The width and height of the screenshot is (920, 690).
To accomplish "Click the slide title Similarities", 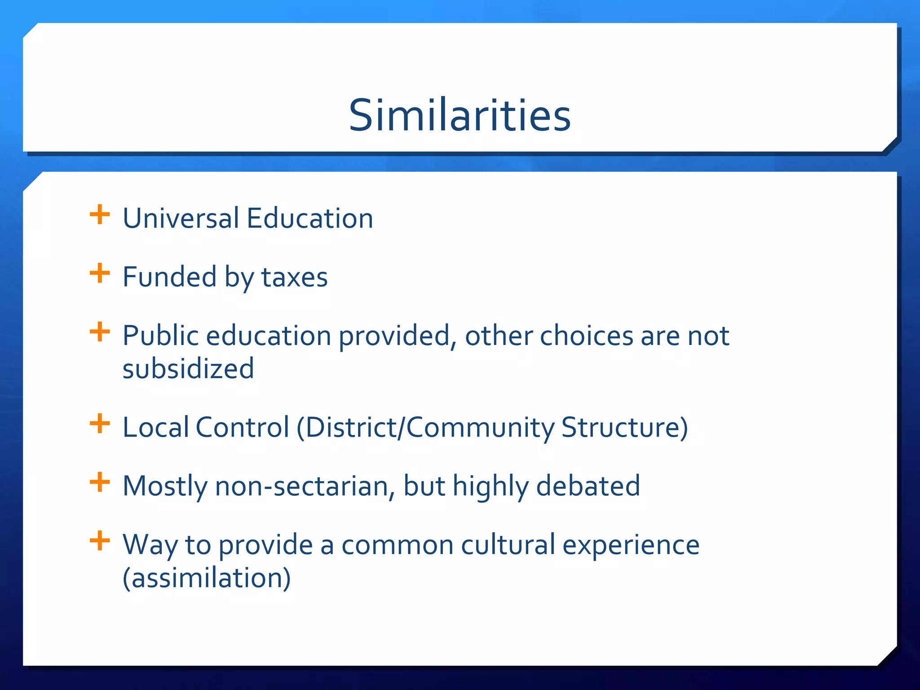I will [460, 115].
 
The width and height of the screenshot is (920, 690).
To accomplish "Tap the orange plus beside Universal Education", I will [100, 215].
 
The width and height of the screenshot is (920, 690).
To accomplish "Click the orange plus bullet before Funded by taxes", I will [100, 274].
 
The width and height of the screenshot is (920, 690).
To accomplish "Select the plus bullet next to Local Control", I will [100, 424].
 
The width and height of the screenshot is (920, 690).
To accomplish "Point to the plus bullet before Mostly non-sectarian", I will [100, 482].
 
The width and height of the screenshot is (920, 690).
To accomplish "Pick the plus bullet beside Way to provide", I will [100, 541].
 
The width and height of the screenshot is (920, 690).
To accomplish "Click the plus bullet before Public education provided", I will [100, 332].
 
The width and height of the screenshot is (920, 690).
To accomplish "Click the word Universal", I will [181, 218].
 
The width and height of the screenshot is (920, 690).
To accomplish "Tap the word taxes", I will [295, 277].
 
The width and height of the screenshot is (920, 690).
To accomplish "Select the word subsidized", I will [188, 369].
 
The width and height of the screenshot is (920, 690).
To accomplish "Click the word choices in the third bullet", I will [586, 336].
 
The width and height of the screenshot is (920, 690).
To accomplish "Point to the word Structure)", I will [624, 427].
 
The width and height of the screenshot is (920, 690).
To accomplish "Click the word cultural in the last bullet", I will [508, 545].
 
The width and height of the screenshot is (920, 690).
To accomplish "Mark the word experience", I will [631, 545].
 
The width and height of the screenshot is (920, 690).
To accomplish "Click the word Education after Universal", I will [310, 218].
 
